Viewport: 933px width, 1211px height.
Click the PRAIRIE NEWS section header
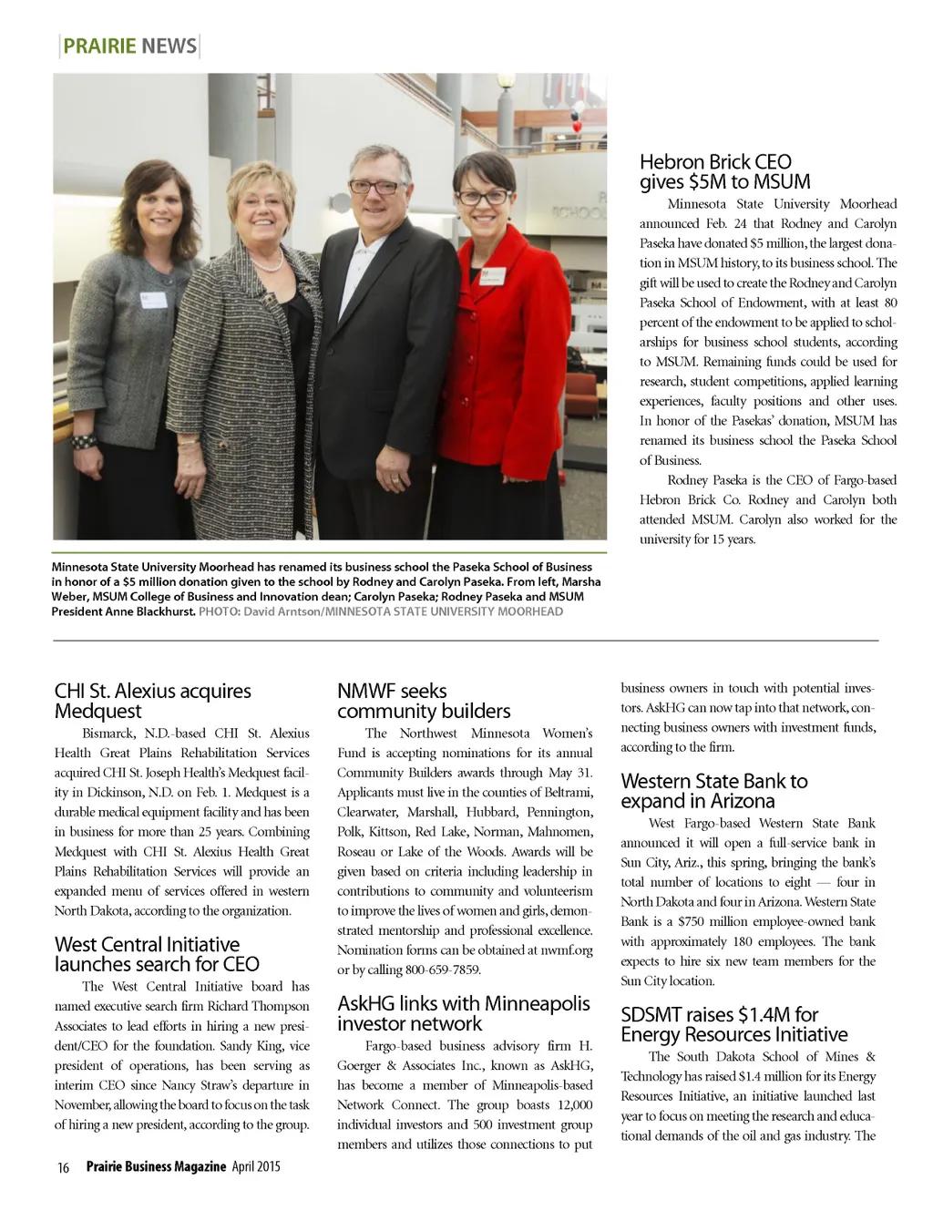point(129,46)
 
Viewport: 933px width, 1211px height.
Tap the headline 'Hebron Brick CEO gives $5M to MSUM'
point(724,172)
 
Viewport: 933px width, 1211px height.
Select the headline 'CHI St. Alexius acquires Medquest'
point(152,701)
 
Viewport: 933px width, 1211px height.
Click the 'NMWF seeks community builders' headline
point(424,701)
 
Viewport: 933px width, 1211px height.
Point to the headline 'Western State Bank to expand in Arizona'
point(713,791)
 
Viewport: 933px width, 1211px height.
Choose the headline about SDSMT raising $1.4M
point(733,1024)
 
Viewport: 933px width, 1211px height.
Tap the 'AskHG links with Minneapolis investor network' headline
point(463,1013)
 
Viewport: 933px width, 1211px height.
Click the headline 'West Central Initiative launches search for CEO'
point(157,954)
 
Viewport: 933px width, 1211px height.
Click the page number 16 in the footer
point(63,1167)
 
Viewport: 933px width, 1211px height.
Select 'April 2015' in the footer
point(256,1166)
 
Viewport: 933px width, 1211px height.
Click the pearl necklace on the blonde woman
point(267,264)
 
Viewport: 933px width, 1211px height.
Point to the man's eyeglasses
point(374,187)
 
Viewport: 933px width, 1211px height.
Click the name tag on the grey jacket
point(153,299)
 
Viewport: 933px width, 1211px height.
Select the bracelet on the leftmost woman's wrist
point(85,441)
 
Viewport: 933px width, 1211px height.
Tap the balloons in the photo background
point(576,116)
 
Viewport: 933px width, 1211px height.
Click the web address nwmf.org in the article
point(572,949)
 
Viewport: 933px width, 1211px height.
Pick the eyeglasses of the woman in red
point(484,197)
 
